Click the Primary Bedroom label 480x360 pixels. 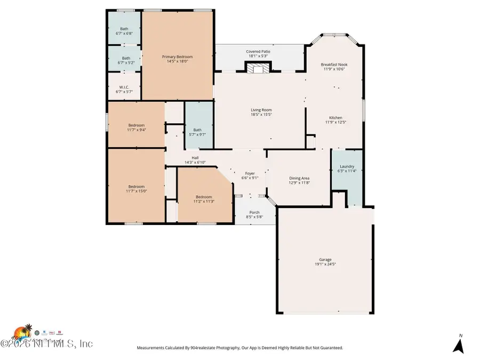(x=177, y=57)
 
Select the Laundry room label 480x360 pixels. (x=347, y=166)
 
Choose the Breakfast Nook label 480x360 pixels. (x=335, y=64)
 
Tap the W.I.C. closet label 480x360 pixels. (x=124, y=87)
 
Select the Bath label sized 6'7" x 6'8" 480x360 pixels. (x=124, y=29)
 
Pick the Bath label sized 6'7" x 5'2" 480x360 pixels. (x=125, y=58)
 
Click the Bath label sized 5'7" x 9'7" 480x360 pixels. (x=197, y=130)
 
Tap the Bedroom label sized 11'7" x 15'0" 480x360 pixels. (x=136, y=187)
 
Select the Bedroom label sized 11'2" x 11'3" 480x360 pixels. (x=203, y=196)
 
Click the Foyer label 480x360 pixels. (x=250, y=173)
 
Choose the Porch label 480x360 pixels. (x=254, y=212)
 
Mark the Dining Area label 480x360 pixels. (x=299, y=178)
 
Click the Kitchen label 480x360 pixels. (x=335, y=118)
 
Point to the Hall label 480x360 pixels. (x=195, y=158)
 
